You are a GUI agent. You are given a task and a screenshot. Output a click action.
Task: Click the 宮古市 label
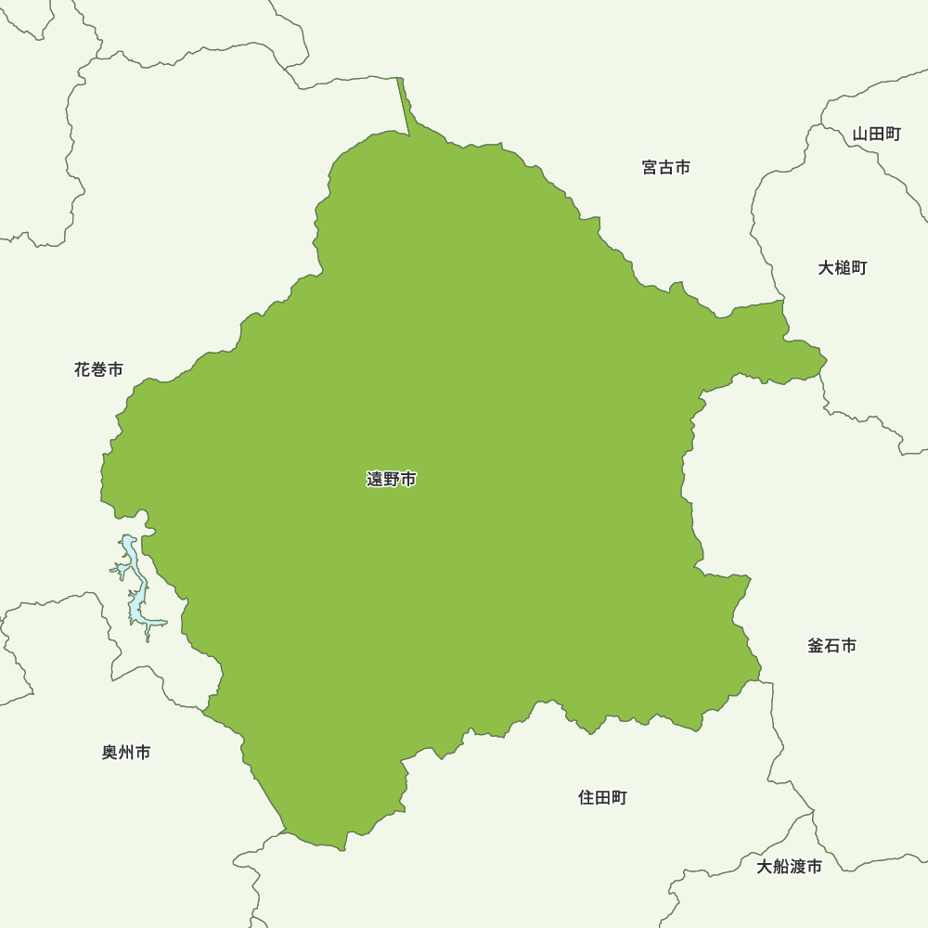coord(666,167)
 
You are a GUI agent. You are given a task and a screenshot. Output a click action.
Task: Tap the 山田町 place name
coord(877,134)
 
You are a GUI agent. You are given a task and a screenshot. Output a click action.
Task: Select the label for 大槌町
coord(843,267)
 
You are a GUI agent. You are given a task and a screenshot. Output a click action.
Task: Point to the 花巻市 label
coord(98,369)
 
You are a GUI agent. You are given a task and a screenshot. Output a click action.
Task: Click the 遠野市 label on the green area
coord(392,480)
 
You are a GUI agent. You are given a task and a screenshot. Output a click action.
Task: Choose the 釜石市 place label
coord(832,645)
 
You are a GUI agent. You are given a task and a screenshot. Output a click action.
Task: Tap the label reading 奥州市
coord(126,753)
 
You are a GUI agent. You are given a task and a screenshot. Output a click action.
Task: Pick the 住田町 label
coord(603,797)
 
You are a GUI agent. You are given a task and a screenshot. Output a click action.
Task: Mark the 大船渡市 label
coord(789,867)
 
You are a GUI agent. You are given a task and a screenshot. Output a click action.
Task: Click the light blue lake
coord(136,594)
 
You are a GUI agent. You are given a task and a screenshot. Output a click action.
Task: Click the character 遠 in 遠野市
coord(375,480)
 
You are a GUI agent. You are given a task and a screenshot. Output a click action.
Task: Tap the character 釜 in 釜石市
coord(816,645)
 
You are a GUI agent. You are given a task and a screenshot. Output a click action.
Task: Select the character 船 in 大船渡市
coord(781,867)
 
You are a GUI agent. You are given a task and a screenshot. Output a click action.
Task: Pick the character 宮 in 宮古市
coord(651,167)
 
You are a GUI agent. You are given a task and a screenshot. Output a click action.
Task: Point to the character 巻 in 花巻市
coord(98,369)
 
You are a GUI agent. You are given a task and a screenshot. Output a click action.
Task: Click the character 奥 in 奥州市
coord(110,753)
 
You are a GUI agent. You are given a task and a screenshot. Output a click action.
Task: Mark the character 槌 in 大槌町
coord(843,267)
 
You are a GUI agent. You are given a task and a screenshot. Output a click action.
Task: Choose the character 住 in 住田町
coord(586,797)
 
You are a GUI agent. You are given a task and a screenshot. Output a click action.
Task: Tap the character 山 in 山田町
coord(860,134)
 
